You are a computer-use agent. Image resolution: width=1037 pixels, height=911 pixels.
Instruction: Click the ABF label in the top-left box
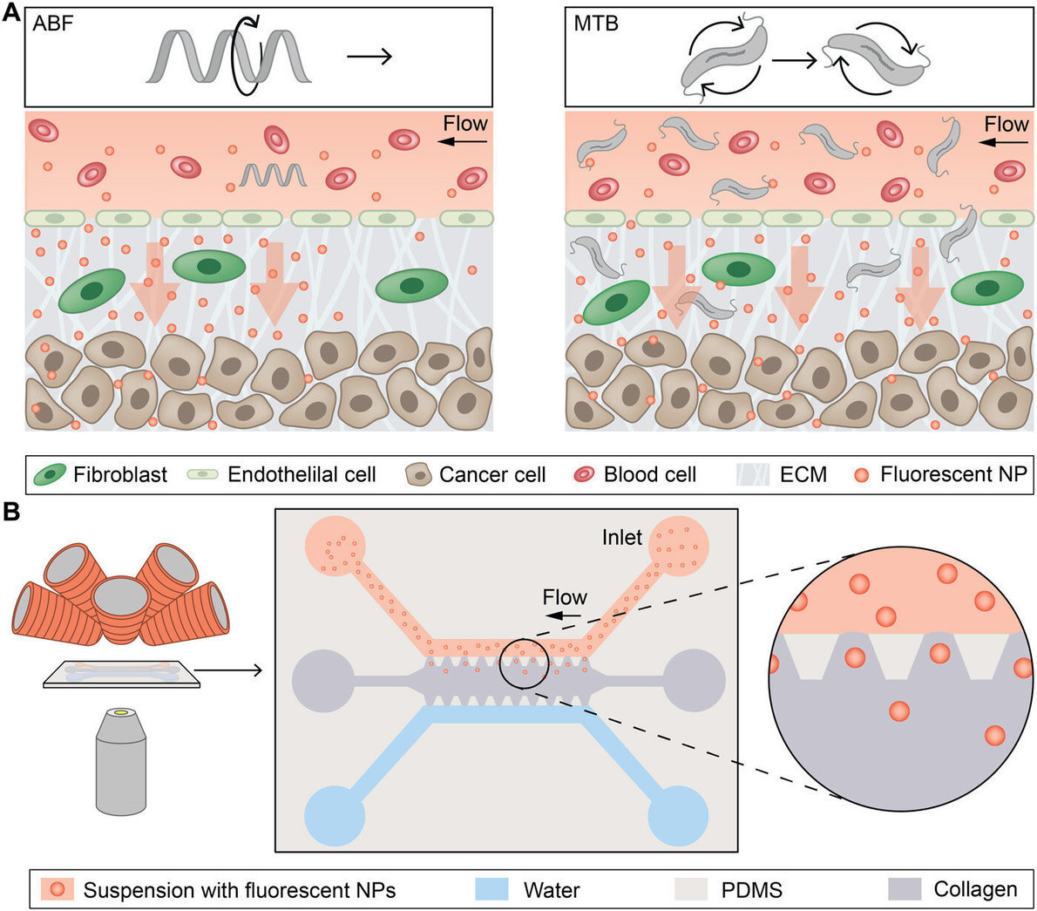click(53, 24)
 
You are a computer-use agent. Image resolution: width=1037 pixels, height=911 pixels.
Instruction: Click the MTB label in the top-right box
click(596, 24)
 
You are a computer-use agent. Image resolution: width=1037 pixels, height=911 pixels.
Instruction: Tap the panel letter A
click(11, 11)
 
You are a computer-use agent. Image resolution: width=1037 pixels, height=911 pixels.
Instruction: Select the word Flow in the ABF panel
click(464, 124)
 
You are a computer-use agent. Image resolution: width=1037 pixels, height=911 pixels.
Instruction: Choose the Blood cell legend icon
click(583, 475)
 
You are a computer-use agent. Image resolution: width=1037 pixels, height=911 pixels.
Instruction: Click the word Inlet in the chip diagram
click(621, 538)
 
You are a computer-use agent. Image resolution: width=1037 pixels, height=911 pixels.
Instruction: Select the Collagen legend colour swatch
click(905, 889)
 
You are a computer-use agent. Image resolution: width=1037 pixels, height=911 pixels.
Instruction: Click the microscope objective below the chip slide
click(119, 765)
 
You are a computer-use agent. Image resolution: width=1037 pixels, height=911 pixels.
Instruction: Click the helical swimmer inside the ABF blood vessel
click(273, 176)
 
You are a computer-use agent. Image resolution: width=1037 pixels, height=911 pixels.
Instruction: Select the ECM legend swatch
click(752, 475)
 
